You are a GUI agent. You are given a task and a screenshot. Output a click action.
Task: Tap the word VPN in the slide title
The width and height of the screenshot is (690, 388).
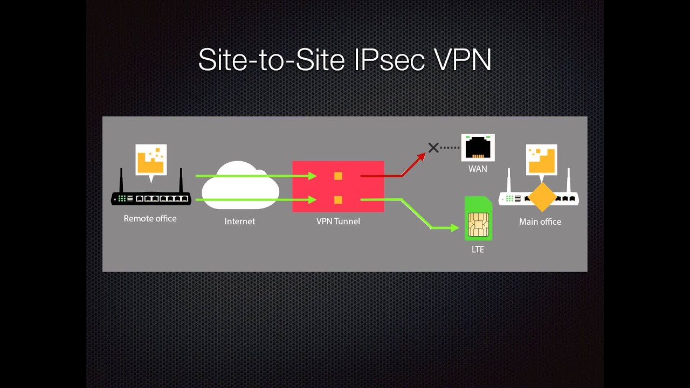[462, 59]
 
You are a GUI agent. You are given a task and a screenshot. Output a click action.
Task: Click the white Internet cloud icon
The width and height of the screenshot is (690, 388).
[240, 186]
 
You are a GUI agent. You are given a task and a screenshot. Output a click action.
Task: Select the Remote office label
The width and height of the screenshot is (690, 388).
[150, 218]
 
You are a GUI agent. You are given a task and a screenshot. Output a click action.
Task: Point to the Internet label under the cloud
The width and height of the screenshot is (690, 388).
[240, 221]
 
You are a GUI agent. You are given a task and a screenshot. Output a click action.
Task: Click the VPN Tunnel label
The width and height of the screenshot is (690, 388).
[338, 221]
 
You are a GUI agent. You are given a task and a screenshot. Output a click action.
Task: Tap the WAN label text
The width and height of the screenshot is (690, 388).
[478, 169]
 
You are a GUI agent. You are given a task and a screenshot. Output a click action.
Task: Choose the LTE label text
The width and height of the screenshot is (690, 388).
[478, 249]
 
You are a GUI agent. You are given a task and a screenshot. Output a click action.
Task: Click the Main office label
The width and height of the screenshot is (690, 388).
[540, 221]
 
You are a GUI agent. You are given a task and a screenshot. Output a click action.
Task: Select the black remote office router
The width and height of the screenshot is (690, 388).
[151, 198]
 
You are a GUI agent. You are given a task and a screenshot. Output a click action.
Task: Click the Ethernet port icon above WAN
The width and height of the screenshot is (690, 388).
[478, 147]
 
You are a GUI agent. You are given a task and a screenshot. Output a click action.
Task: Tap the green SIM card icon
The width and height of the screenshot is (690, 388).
[478, 218]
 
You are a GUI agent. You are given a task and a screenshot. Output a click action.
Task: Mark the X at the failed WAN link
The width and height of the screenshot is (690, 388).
[433, 147]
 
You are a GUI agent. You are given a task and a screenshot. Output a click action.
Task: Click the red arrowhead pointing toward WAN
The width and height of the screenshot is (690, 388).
[420, 157]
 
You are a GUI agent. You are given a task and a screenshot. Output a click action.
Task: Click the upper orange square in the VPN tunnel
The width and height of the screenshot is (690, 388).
[338, 176]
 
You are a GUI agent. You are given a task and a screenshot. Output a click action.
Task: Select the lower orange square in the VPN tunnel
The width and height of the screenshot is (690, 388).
[338, 200]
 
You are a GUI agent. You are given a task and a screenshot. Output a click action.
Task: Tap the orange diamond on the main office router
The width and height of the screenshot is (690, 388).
[542, 197]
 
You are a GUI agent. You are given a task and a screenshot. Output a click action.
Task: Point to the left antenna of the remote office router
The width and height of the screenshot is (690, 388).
[121, 181]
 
